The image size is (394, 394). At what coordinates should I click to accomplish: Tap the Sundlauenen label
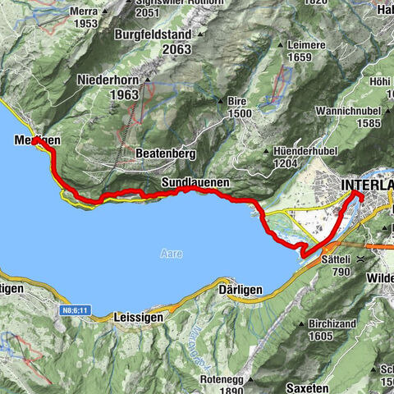pyautogui.click(x=195, y=181)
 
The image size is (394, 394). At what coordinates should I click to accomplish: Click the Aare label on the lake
pyautogui.click(x=167, y=254)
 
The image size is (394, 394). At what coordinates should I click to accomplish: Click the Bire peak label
pyautogui.click(x=237, y=99)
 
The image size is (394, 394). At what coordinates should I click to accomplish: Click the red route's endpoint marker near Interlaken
pyautogui.click(x=359, y=195)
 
